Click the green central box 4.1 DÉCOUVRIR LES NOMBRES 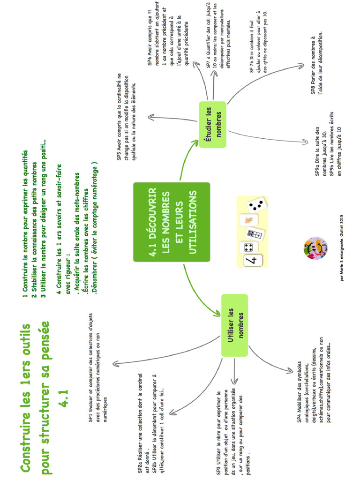pos(172,222)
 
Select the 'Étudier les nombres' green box pos(213,124)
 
